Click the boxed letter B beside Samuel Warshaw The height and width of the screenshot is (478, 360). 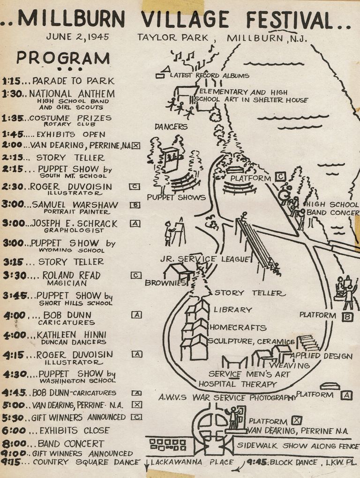coord(135,205)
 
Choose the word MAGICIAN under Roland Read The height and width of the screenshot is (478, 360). coord(70,284)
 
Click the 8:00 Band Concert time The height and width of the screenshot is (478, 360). coord(13,443)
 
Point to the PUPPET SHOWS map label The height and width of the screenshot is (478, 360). coord(176,197)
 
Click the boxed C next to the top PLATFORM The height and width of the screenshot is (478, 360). coord(280,177)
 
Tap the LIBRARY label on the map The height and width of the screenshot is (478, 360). coord(232,310)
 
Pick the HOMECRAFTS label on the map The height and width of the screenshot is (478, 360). coord(238,328)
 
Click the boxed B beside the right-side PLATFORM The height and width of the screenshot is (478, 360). coord(347,317)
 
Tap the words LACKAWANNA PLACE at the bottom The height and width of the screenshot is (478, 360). coord(192,462)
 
